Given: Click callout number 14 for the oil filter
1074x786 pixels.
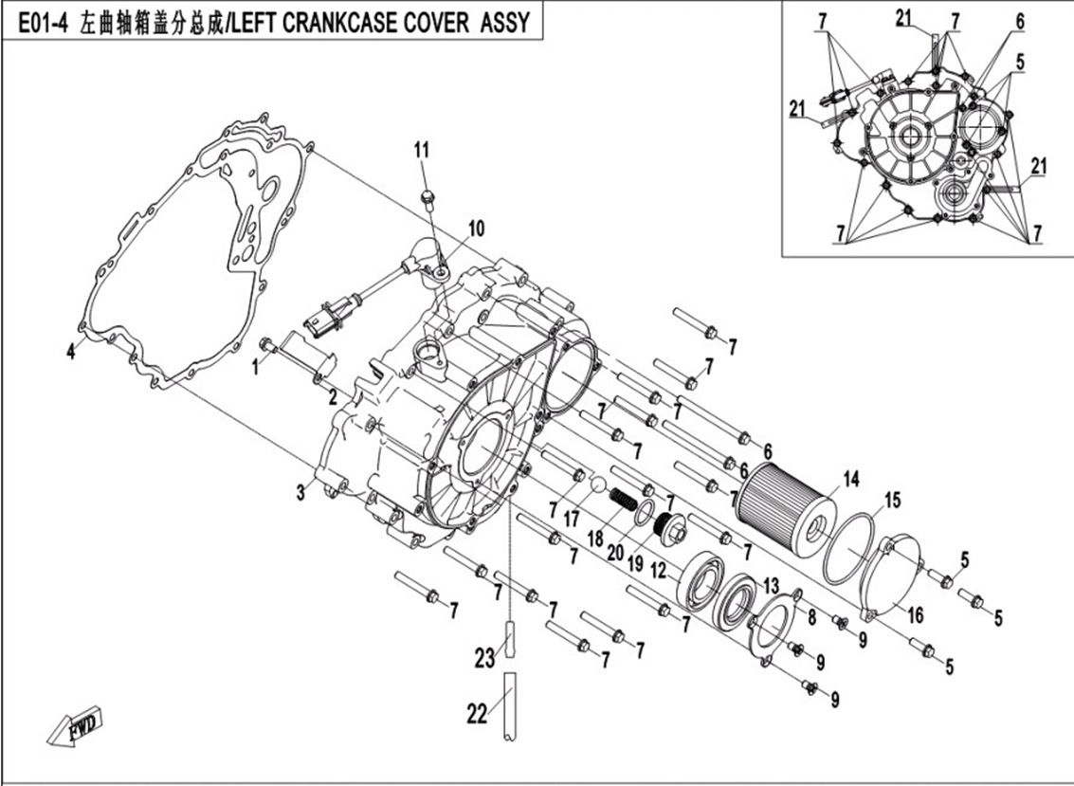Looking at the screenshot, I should pyautogui.click(x=850, y=481).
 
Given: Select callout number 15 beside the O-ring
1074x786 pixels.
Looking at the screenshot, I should pyautogui.click(x=892, y=499).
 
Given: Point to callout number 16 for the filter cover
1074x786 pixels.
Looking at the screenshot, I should pyautogui.click(x=914, y=614).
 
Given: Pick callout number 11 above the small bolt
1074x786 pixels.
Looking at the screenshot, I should pyautogui.click(x=421, y=149).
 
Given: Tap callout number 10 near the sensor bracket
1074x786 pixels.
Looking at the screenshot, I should pyautogui.click(x=475, y=228).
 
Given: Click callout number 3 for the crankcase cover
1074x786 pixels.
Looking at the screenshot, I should pyautogui.click(x=300, y=491).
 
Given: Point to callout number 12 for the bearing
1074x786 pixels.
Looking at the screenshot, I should pyautogui.click(x=658, y=571).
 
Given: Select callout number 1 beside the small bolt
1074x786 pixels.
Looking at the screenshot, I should pyautogui.click(x=254, y=368).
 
